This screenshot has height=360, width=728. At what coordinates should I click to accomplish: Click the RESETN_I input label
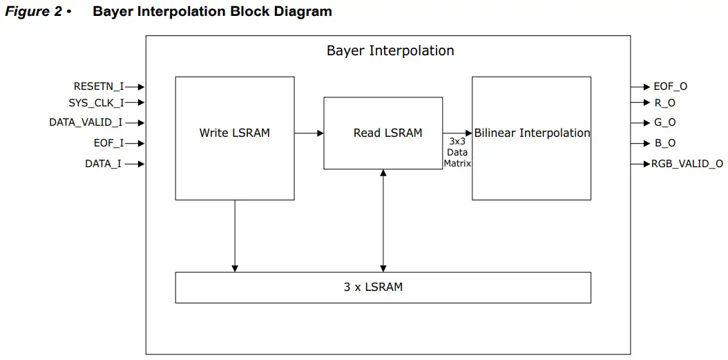(99, 86)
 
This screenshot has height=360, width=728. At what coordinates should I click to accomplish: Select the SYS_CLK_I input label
(96, 102)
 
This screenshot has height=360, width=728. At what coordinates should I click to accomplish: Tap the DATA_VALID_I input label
(86, 122)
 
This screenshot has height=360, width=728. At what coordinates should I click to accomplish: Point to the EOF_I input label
(108, 143)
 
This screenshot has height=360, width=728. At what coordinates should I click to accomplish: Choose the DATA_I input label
(104, 164)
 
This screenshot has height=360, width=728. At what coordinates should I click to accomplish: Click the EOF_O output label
(670, 86)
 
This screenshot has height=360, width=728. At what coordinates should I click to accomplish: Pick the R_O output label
(664, 102)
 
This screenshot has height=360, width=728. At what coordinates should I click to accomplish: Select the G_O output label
(664, 122)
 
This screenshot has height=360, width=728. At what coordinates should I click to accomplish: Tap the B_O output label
(664, 143)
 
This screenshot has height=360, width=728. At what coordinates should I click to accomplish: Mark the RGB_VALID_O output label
(687, 164)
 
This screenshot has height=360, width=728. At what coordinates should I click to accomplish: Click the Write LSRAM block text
(234, 133)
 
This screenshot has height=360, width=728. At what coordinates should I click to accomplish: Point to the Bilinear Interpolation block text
(532, 133)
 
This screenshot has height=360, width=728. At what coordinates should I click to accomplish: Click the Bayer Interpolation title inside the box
(390, 50)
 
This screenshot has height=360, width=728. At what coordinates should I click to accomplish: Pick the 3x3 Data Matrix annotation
(457, 152)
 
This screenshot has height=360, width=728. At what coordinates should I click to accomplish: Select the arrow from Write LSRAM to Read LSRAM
(309, 133)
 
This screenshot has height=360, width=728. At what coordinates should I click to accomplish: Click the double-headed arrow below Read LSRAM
(383, 220)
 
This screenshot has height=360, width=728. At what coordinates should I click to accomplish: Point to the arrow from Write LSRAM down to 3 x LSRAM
(235, 236)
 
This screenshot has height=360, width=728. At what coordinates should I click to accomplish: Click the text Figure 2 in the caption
(33, 12)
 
